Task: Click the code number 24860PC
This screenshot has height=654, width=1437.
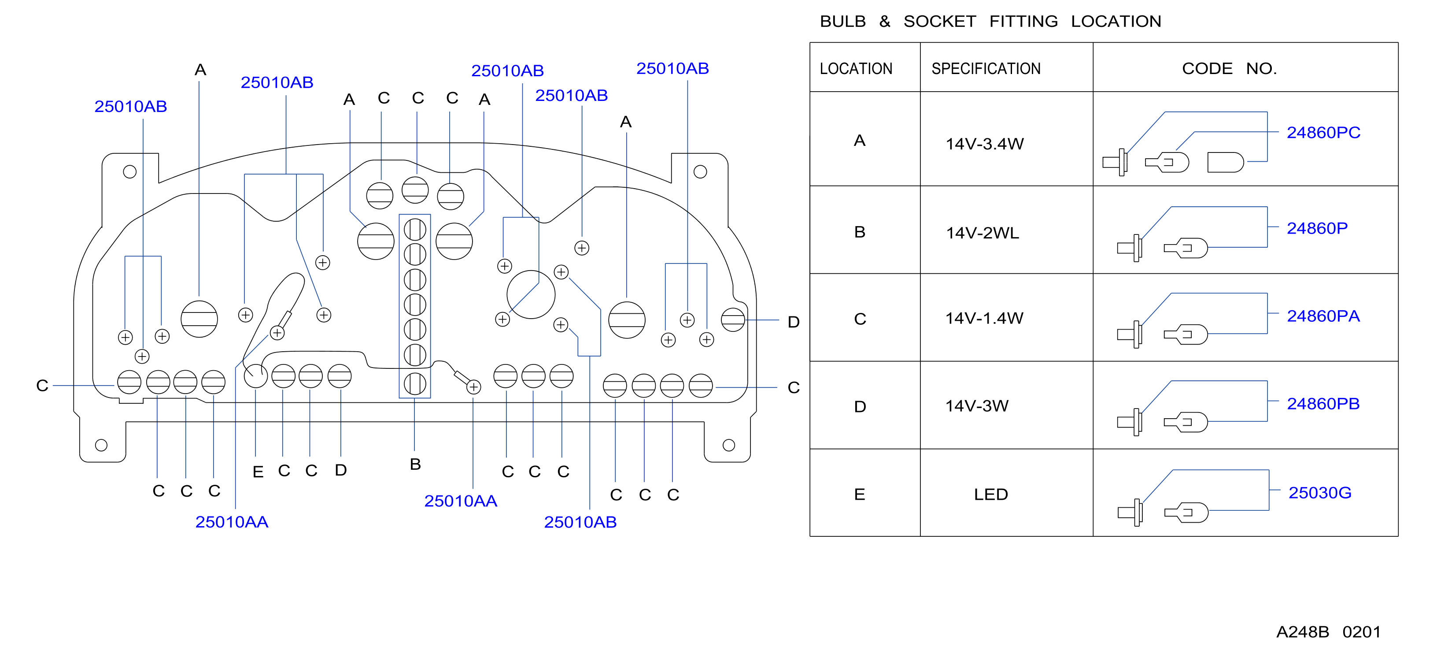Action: (x=1323, y=133)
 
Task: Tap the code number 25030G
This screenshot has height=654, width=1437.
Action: (x=1320, y=493)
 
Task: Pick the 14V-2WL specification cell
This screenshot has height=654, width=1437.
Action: (x=983, y=233)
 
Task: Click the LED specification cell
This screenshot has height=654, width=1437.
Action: (x=991, y=494)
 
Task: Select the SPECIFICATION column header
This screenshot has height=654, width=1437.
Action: (x=986, y=69)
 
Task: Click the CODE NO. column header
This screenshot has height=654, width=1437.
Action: (x=1229, y=69)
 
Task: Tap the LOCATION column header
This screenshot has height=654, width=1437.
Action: (x=856, y=69)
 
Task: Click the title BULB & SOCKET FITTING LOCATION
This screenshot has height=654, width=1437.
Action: (x=990, y=21)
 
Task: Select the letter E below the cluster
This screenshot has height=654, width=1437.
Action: (x=258, y=472)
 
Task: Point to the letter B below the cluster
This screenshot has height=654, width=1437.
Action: (x=415, y=464)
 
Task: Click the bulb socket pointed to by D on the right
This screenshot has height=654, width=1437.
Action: (x=732, y=320)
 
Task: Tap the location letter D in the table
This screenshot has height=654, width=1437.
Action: (x=860, y=406)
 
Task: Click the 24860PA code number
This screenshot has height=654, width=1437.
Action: (x=1323, y=316)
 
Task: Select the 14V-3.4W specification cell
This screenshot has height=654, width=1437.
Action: (x=985, y=144)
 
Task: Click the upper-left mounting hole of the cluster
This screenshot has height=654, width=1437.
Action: (x=129, y=171)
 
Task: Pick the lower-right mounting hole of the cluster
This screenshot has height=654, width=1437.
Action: (x=728, y=445)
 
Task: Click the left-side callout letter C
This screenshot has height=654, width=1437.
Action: (x=42, y=386)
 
